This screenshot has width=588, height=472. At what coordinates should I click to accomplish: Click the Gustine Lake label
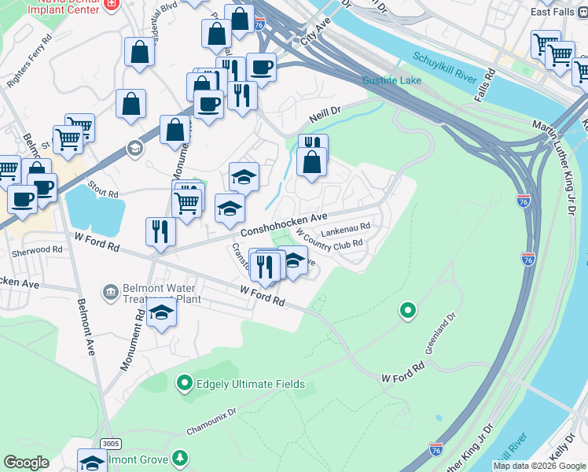391,81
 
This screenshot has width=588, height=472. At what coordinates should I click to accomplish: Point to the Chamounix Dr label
211,422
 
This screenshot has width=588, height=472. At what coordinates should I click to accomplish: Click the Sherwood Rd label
37,249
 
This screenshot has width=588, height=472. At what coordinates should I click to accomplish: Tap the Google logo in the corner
26,463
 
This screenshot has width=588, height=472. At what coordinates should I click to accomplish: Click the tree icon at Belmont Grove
181,459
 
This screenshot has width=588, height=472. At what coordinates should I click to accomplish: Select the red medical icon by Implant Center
112,4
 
